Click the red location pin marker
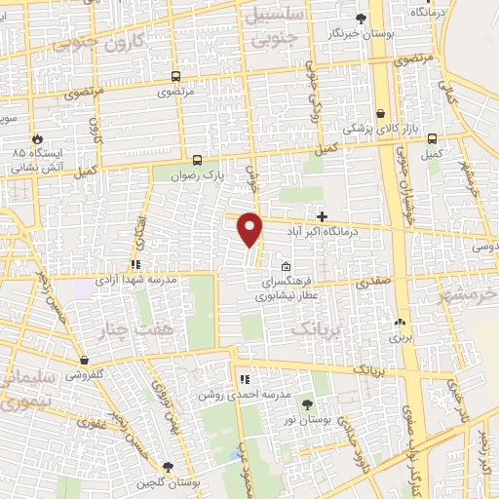[x=250, y=228]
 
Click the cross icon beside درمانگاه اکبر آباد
[x=323, y=215]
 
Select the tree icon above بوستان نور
[x=308, y=403]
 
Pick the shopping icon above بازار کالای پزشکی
[x=379, y=112]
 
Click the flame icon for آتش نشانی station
[x=38, y=140]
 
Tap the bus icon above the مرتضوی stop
[x=175, y=76]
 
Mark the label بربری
[x=402, y=338]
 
